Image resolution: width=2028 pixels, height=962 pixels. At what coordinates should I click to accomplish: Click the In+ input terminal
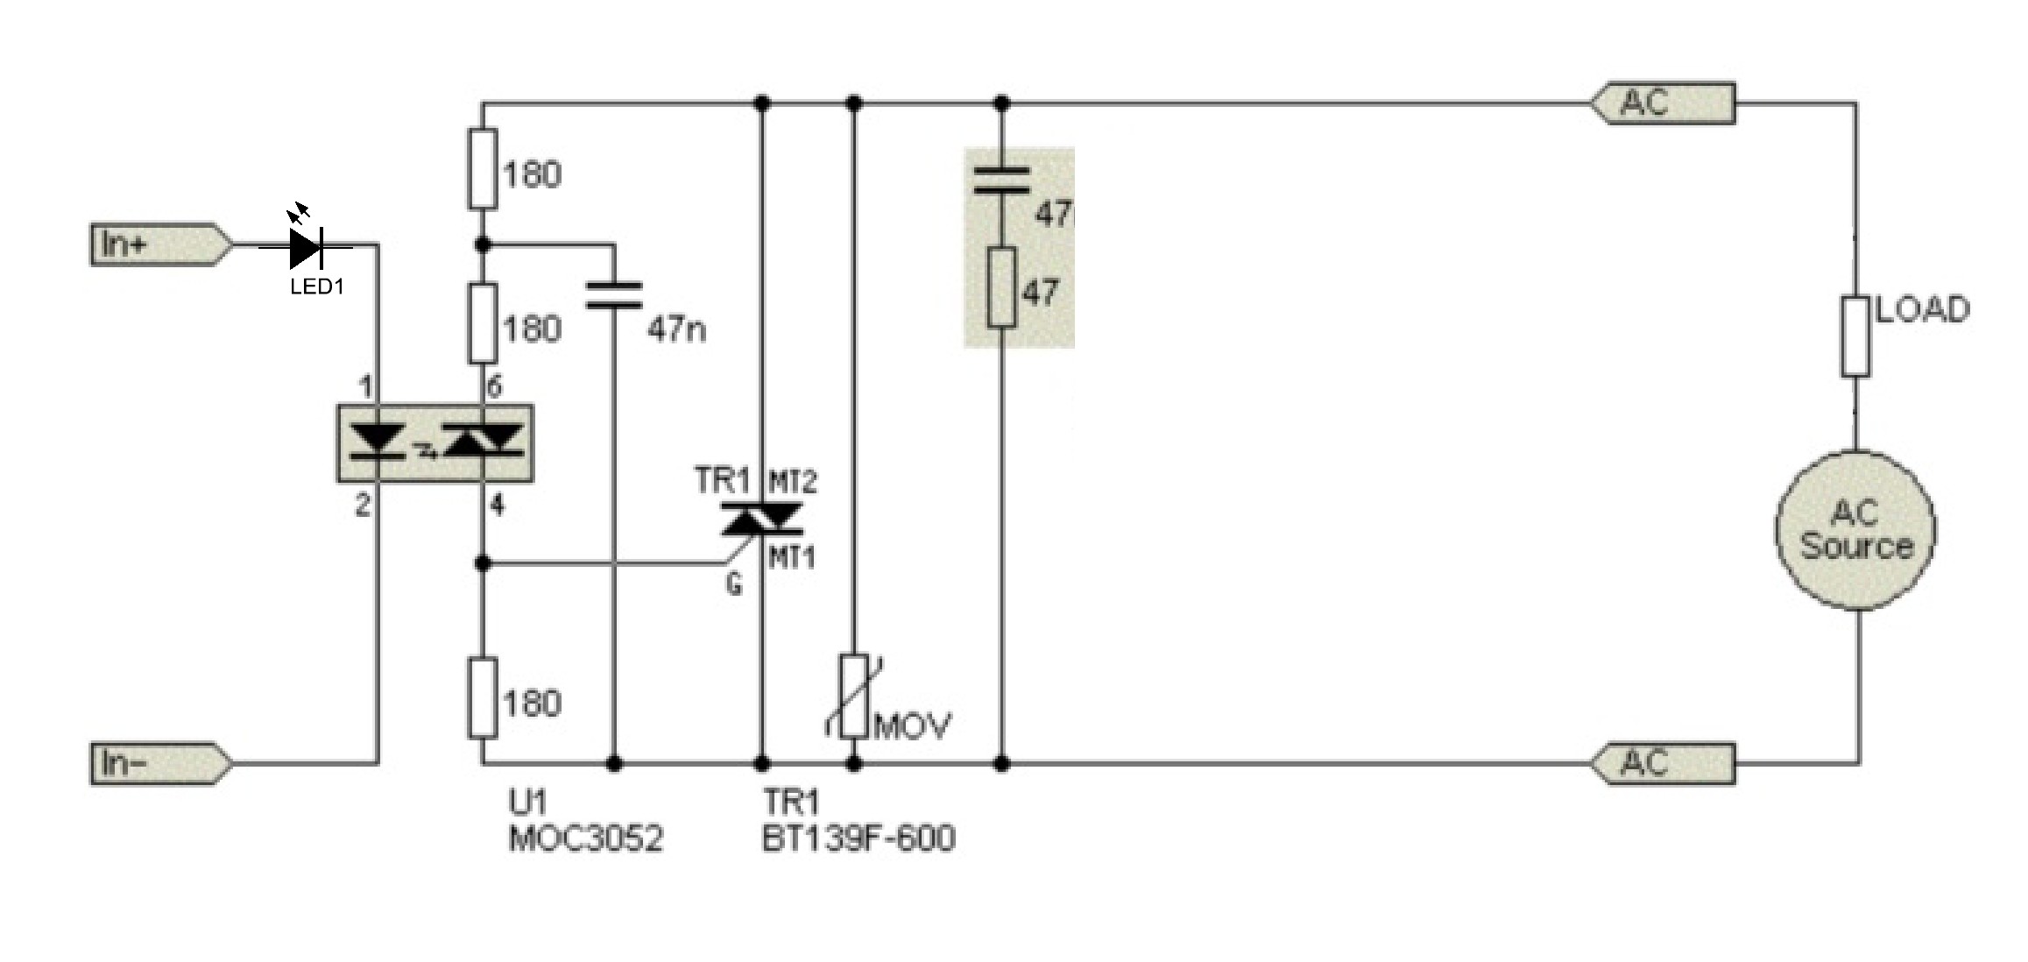(x=161, y=244)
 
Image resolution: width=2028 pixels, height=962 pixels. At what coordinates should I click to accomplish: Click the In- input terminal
(x=161, y=763)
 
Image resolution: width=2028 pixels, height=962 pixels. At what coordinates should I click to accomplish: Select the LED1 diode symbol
(x=306, y=247)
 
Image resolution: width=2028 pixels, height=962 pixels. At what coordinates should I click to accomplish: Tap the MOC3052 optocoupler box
(x=435, y=443)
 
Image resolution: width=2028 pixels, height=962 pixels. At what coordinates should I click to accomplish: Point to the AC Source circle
(x=1855, y=530)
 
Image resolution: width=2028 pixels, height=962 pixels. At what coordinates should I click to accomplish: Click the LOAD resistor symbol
(x=1855, y=336)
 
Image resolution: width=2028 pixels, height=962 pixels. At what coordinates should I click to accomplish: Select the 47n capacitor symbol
(x=613, y=295)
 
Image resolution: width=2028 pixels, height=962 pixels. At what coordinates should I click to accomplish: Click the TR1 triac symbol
(x=761, y=520)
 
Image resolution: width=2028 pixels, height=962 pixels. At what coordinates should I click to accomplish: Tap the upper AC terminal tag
(x=1663, y=104)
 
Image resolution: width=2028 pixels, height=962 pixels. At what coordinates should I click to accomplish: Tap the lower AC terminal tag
(x=1663, y=763)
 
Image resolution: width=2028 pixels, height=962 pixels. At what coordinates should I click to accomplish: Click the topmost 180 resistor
(x=483, y=169)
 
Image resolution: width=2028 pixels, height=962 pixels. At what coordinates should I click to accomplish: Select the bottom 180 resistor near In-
(x=483, y=697)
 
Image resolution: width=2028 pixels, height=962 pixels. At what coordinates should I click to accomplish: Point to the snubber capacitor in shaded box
(x=1002, y=178)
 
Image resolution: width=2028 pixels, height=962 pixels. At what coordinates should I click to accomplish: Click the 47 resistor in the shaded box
(x=1002, y=288)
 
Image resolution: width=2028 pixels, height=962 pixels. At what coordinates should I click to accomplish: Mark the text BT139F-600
(x=859, y=838)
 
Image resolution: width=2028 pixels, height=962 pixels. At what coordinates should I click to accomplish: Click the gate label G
(x=734, y=584)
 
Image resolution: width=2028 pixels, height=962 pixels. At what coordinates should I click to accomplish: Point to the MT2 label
(x=793, y=481)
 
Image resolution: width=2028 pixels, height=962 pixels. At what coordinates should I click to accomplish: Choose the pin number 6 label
(x=494, y=386)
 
